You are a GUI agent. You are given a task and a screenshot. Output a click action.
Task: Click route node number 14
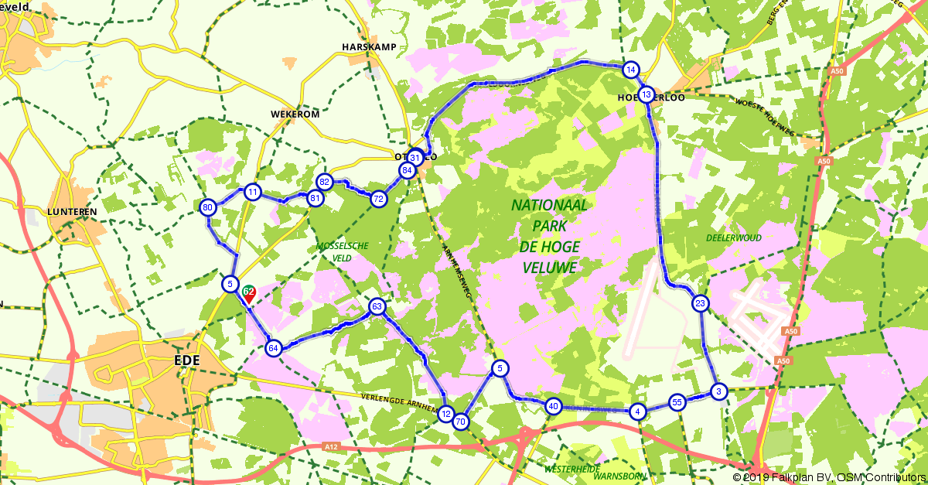[631, 70]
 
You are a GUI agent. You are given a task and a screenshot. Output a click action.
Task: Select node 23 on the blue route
[700, 303]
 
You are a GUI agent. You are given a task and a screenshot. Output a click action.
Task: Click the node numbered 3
[718, 391]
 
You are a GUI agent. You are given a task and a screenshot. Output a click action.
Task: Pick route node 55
[677, 402]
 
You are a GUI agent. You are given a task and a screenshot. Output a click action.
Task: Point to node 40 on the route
[553, 405]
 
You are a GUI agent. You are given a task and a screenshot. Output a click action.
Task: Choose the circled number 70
[461, 422]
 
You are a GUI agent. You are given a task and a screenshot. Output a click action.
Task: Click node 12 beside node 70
[445, 414]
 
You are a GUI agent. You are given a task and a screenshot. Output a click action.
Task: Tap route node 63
[377, 306]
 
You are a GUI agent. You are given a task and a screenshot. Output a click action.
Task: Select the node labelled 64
[272, 348]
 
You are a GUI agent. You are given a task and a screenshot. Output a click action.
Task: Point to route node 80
[207, 207]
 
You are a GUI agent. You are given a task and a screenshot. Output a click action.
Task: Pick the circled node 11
[252, 191]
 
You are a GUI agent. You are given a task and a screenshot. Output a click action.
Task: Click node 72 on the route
[378, 199]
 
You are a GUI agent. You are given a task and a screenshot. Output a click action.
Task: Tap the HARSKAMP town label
[369, 47]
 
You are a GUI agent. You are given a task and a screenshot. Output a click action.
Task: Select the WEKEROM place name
[295, 114]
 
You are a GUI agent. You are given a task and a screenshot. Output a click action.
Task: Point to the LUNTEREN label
[71, 211]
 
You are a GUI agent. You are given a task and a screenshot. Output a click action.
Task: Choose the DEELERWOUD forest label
[733, 237]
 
